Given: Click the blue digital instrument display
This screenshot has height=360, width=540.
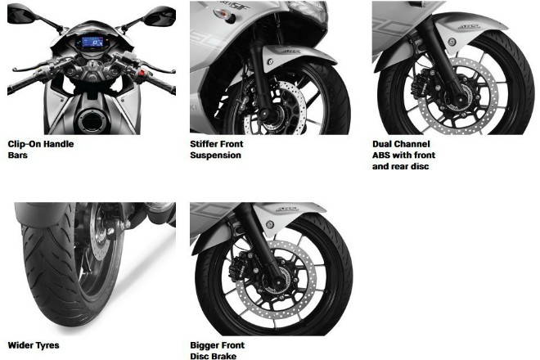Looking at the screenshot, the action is (x=89, y=43).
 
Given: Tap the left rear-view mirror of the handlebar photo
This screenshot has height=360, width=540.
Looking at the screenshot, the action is (x=20, y=14).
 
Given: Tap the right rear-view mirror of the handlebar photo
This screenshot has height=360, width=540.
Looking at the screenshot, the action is (x=160, y=16).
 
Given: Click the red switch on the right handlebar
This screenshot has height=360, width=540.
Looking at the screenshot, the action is (x=141, y=74).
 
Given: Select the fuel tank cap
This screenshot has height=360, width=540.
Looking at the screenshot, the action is (x=92, y=120).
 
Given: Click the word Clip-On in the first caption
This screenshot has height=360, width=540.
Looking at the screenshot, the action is (x=24, y=144).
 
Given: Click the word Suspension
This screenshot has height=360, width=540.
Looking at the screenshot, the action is (x=215, y=155).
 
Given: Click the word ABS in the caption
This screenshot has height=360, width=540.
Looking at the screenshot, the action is (x=381, y=155).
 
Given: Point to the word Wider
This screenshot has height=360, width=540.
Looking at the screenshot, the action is (x=20, y=345).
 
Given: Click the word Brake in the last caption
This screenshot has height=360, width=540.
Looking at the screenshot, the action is (x=224, y=356).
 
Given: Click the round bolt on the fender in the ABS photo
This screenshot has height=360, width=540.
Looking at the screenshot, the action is (x=452, y=43).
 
